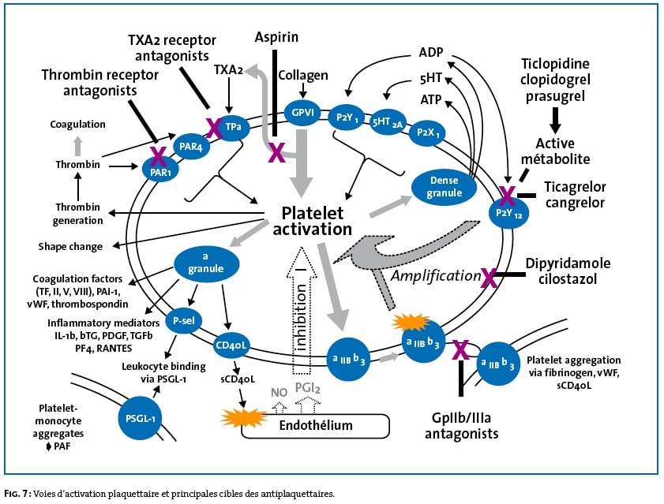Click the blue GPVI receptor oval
click(x=302, y=113)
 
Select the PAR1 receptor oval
click(x=160, y=170)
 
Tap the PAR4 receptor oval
click(x=191, y=147)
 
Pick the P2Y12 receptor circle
click(x=508, y=211)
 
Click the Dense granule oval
click(x=444, y=187)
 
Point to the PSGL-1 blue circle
click(x=141, y=419)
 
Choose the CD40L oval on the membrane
click(x=231, y=345)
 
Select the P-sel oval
click(x=183, y=320)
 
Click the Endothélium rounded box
click(x=315, y=425)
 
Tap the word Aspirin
click(x=276, y=37)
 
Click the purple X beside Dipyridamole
click(x=490, y=277)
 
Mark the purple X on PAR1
click(x=158, y=157)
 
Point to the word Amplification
click(x=435, y=275)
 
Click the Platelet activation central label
click(x=312, y=221)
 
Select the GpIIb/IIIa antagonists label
click(x=462, y=426)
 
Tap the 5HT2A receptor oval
click(x=387, y=122)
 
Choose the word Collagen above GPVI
click(x=302, y=76)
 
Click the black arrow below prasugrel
click(x=555, y=121)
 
